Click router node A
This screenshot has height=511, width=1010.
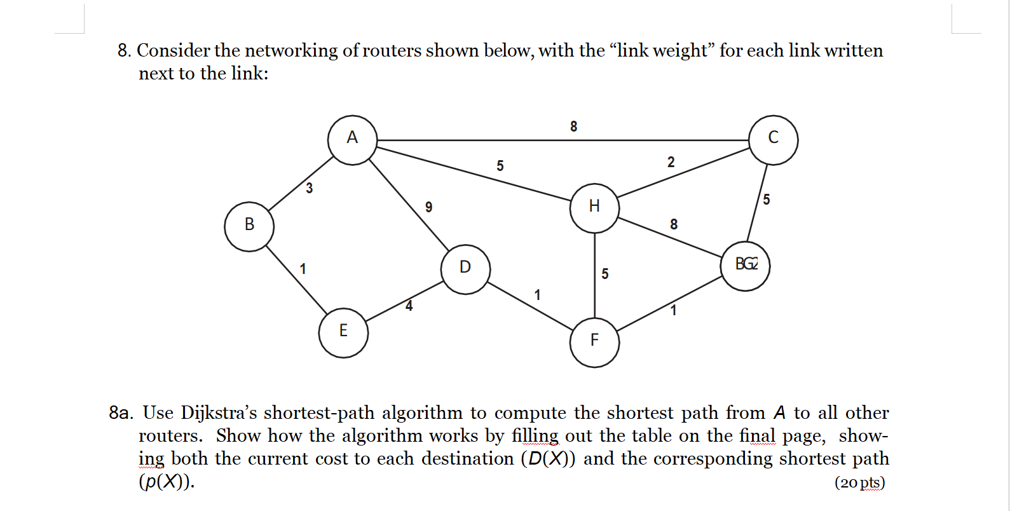[x=352, y=140]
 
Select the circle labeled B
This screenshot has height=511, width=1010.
[x=249, y=226]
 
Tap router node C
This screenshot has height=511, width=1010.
[x=773, y=140]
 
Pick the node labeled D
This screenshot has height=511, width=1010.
[x=465, y=269]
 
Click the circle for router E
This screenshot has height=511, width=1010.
[x=343, y=332]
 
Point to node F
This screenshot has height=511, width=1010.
[x=594, y=343]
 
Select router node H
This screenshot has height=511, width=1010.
[x=594, y=208]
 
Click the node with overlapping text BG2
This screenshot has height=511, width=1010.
[x=745, y=266]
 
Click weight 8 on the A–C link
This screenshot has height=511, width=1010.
[x=573, y=126]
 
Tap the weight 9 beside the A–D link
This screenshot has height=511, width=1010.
[x=429, y=207]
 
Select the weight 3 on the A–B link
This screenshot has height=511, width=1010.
[x=309, y=188]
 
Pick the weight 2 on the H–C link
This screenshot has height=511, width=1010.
[x=671, y=163]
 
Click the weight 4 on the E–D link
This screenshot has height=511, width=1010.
[x=409, y=306]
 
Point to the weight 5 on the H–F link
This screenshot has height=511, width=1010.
[x=604, y=274]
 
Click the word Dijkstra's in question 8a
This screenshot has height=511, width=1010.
[x=219, y=413]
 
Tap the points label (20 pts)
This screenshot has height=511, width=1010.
[x=859, y=482]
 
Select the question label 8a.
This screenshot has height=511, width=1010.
[x=121, y=413]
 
